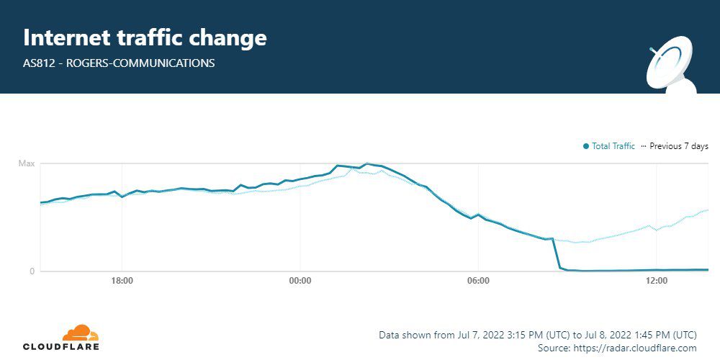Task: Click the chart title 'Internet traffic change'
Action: point(145,37)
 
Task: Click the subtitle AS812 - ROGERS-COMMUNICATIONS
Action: point(119,63)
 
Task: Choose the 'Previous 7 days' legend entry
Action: point(678,146)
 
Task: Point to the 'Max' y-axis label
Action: point(27,164)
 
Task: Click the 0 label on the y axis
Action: point(32,271)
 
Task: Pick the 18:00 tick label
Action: point(122,281)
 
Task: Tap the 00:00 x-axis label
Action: point(300,281)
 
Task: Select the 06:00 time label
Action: point(478,281)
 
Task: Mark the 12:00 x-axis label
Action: point(657,281)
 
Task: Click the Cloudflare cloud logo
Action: point(80,333)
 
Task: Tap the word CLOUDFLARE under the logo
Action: point(61,347)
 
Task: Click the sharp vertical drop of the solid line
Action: point(556,253)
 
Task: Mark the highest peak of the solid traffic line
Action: point(366,164)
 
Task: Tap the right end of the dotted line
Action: point(708,210)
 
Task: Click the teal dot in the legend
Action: point(586,147)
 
